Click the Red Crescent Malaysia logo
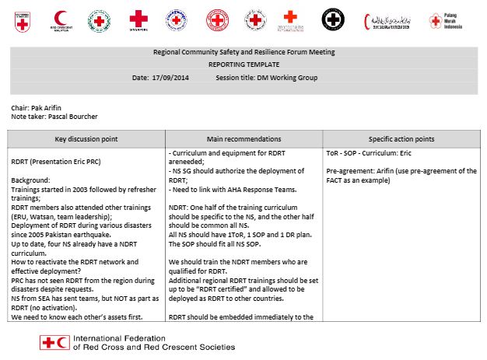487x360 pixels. click(61, 19)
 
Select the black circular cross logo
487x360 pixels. click(333, 19)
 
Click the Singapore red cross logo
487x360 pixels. click(138, 19)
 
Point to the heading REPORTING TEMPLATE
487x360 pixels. click(243, 65)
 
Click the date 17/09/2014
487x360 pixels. click(170, 78)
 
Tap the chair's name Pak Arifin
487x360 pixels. click(47, 107)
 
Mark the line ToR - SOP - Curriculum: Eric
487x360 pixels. click(373, 153)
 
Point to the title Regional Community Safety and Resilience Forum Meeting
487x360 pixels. click(243, 52)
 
